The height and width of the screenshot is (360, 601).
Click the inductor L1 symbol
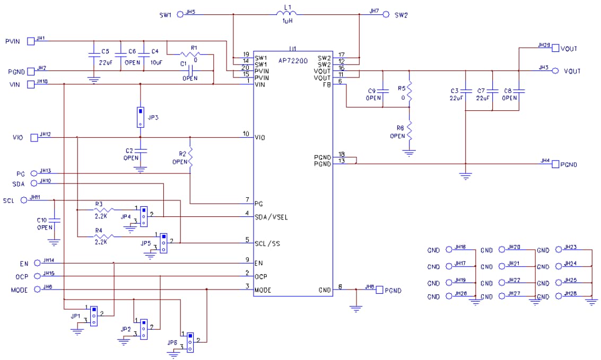pyautogui.click(x=288, y=14)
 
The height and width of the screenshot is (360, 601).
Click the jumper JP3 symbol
pyautogui.click(x=140, y=117)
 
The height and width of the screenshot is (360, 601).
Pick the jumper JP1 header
pyautogui.click(x=93, y=315)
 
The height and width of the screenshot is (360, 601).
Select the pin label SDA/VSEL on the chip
pyautogui.click(x=272, y=217)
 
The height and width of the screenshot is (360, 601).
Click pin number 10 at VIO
pyautogui.click(x=246, y=134)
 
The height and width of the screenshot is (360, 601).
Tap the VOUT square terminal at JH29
pyautogui.click(x=555, y=48)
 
